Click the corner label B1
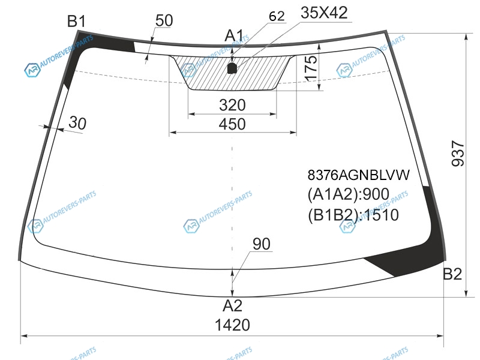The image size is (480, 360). [x=77, y=22]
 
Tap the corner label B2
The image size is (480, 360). [x=452, y=274]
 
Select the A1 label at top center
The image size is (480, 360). [x=234, y=35]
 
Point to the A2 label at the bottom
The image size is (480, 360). [x=233, y=305]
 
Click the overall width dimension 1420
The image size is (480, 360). [x=232, y=325]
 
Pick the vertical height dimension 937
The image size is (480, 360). [x=458, y=154]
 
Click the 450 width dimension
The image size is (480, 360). [x=232, y=124]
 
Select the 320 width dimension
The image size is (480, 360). [x=232, y=105]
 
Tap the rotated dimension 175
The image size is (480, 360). [x=311, y=68]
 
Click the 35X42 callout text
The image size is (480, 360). [x=324, y=13]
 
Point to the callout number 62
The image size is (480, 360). [x=277, y=16]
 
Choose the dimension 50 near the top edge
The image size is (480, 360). [x=164, y=20]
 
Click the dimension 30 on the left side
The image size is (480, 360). [x=77, y=123]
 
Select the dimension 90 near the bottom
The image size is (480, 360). [x=262, y=244]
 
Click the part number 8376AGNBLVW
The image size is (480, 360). [x=358, y=175]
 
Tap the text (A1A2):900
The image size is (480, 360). [x=349, y=194]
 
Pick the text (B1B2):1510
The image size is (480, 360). [x=353, y=215]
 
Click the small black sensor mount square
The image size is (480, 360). [x=232, y=68]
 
